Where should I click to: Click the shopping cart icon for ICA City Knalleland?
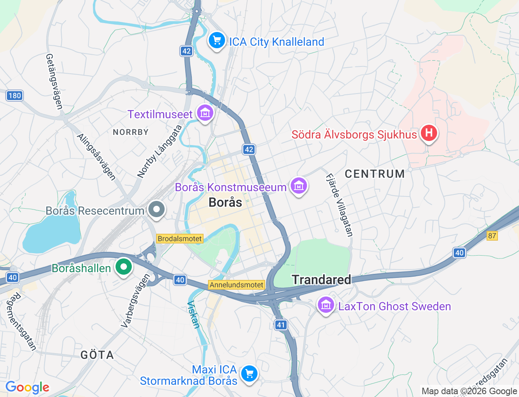pos(217,41)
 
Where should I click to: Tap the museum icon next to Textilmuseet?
pos(205,113)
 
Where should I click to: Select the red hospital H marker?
pos(429,133)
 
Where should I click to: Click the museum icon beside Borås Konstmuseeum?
pos(299,186)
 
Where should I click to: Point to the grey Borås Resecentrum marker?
pos(157,209)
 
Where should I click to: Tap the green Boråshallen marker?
pos(124,267)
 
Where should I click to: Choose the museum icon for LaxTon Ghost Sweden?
pos(326,305)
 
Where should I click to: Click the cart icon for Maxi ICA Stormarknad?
pos(249,373)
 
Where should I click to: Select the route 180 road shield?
pos(15,96)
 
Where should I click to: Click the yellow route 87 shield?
pos(492,236)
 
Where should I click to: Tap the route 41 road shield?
pos(281,324)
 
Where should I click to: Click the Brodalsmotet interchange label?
pos(180,239)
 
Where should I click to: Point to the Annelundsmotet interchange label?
pos(237,285)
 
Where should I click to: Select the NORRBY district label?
pos(131,132)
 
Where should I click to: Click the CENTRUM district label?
pos(375,174)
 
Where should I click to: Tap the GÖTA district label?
pos(97,355)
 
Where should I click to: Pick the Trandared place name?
pos(321,280)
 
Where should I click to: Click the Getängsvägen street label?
pos(54,81)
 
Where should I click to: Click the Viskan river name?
pos(193,314)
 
